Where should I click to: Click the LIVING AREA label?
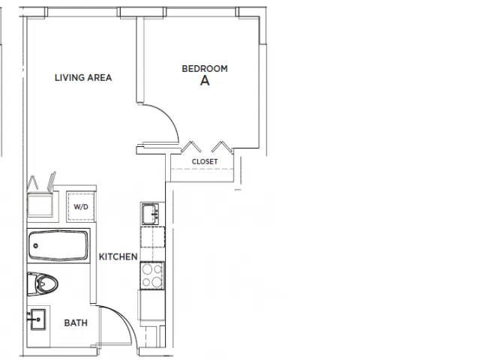click(x=83, y=78)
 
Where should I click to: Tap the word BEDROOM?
click(x=205, y=68)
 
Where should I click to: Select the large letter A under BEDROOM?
click(x=205, y=80)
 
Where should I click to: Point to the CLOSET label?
click(x=205, y=161)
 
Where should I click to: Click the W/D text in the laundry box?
click(x=81, y=207)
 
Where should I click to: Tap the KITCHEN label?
click(x=118, y=256)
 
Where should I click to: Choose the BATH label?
click(x=76, y=322)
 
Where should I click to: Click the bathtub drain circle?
click(x=36, y=246)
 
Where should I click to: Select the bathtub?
click(x=58, y=245)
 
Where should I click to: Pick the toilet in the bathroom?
click(x=42, y=284)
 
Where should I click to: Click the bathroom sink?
click(x=38, y=319)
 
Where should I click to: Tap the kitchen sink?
click(x=150, y=214)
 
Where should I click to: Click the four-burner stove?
click(x=152, y=275)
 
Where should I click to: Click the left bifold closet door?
click(x=191, y=147)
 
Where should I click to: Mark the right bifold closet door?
click(x=222, y=147)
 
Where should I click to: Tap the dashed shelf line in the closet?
click(x=202, y=169)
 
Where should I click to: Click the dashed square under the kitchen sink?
click(x=153, y=237)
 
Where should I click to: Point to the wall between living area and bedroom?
click(x=140, y=60)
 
